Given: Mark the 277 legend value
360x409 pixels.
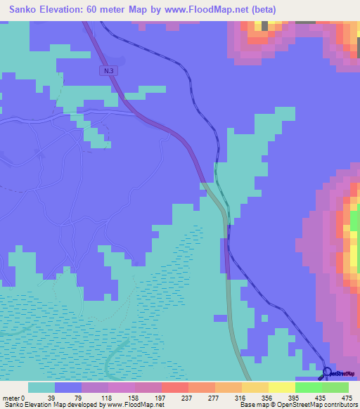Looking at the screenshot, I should (216, 397).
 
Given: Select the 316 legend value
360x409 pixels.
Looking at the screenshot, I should (243, 397).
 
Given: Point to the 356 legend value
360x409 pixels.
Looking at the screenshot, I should (269, 397).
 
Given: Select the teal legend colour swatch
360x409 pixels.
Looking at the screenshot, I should (41, 387).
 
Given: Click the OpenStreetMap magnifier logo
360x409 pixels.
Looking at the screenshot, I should (328, 373).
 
